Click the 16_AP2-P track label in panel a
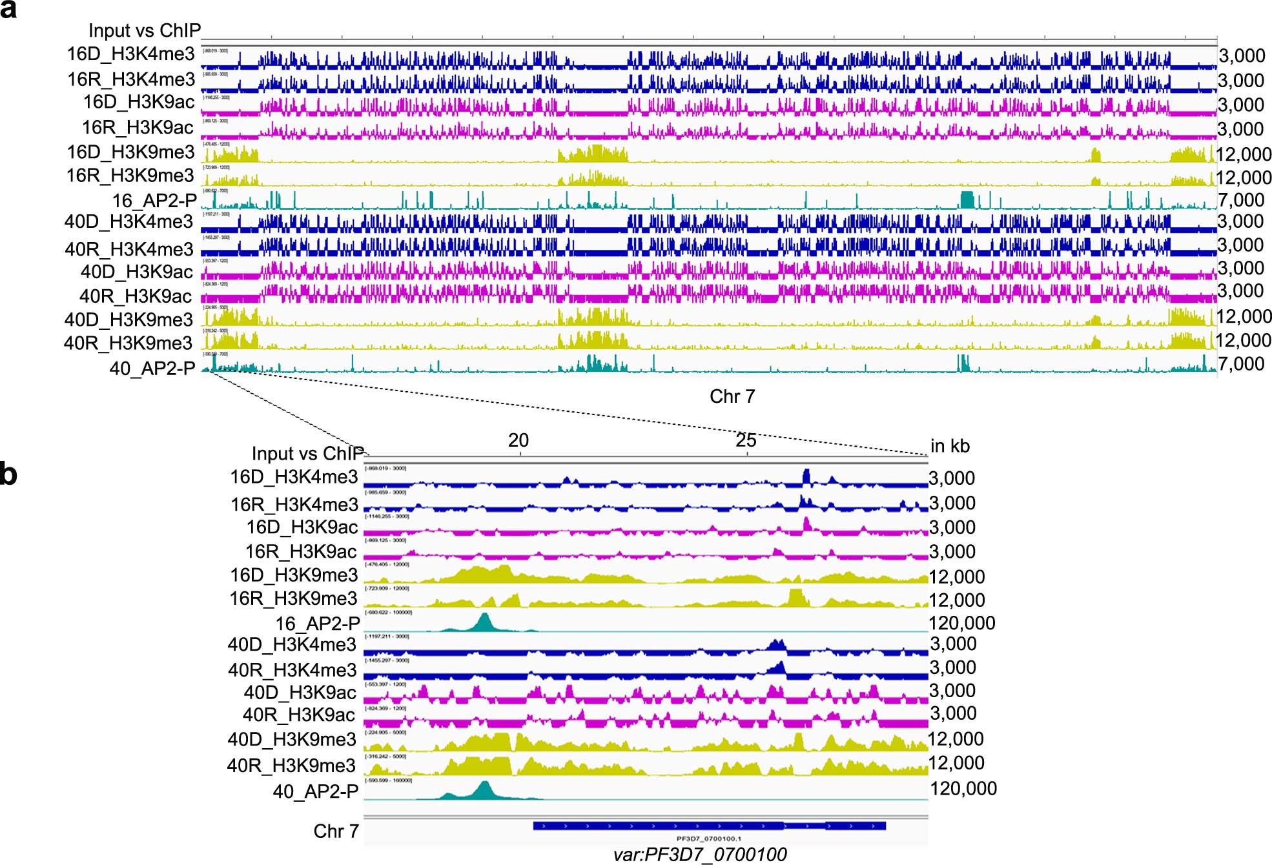[x=154, y=201]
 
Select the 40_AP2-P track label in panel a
[x=152, y=368]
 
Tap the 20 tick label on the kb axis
[x=518, y=440]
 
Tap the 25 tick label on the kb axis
[x=746, y=440]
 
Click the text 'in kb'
[x=950, y=445]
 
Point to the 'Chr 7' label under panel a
[x=732, y=396]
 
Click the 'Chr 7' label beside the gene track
[x=336, y=831]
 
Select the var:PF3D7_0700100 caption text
[x=700, y=855]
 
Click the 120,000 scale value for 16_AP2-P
[x=961, y=623]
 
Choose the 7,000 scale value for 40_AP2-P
[x=1241, y=363]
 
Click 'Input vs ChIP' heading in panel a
[x=145, y=30]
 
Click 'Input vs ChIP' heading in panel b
[x=307, y=453]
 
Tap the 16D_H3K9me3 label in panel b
[x=294, y=575]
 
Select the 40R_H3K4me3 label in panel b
[x=292, y=669]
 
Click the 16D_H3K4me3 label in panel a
[x=130, y=54]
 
